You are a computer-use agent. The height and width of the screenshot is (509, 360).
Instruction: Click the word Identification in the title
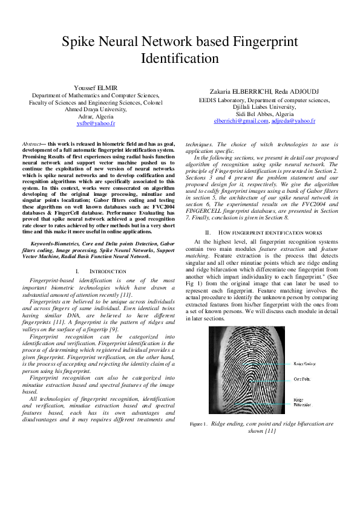coord(180,59)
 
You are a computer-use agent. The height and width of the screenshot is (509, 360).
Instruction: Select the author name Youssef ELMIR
coord(96,88)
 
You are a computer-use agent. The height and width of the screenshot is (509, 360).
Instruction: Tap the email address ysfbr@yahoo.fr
coord(96,123)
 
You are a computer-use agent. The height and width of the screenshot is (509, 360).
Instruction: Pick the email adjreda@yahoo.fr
coord(293,121)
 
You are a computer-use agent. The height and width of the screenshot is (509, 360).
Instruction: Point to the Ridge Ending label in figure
coord(304,364)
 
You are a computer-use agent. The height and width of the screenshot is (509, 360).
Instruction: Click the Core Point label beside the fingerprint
coord(302,379)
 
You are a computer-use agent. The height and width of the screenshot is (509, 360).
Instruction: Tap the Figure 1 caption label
coord(198,425)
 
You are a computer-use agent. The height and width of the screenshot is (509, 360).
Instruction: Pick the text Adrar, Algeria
coord(96,116)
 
